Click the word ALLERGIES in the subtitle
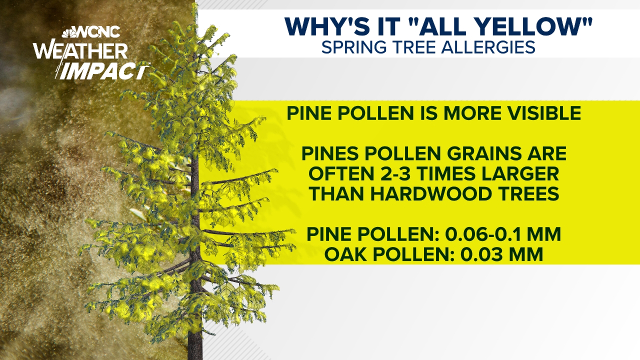point(488,47)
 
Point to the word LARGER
point(520,174)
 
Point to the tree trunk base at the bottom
point(195,353)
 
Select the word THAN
point(337,194)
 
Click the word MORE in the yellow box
point(473,113)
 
